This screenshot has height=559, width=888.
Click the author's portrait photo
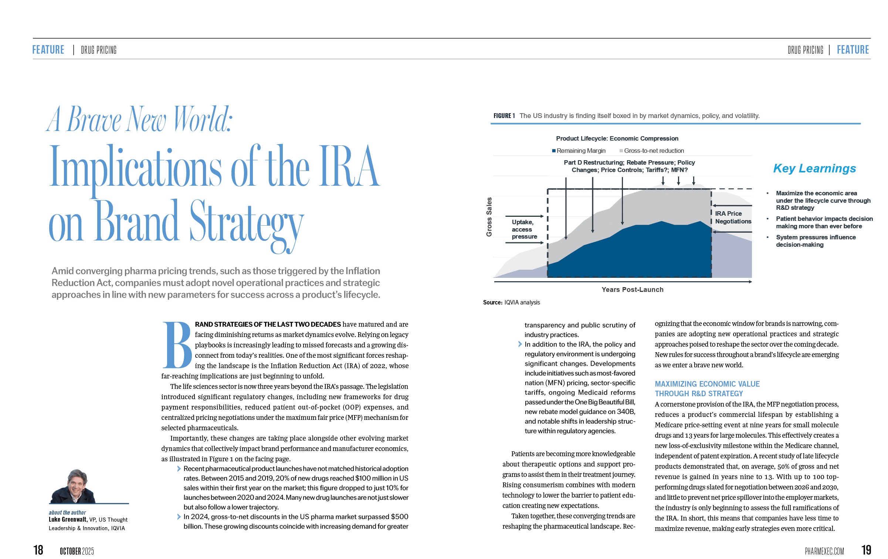(x=73, y=486)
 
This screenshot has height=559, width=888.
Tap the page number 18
(x=38, y=550)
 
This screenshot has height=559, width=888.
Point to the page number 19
(x=866, y=550)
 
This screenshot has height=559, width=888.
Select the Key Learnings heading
(x=814, y=168)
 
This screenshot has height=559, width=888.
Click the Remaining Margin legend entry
(x=579, y=151)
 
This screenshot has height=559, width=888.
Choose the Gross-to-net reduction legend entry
(x=652, y=151)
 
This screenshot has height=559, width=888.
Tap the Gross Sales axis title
(x=489, y=217)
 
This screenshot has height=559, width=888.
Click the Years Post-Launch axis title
(x=633, y=290)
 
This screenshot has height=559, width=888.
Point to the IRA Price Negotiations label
(x=733, y=218)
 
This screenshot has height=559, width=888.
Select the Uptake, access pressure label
(x=524, y=229)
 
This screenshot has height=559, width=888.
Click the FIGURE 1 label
(x=504, y=116)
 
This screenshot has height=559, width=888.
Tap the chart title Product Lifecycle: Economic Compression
(x=617, y=138)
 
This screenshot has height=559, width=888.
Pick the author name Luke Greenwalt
(x=68, y=519)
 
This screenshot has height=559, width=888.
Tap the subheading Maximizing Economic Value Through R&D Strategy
(x=707, y=389)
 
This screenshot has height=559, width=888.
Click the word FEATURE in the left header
(x=48, y=50)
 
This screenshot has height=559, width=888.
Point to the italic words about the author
(x=67, y=512)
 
